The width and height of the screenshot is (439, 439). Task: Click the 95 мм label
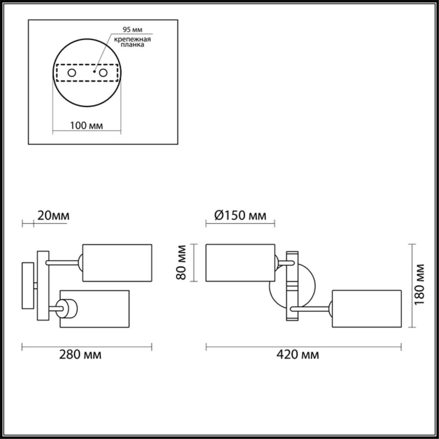(132, 29)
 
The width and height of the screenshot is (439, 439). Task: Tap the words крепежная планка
(132, 41)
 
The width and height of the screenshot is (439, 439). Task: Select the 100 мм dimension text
(86, 126)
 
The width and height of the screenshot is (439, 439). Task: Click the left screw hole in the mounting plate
(72, 73)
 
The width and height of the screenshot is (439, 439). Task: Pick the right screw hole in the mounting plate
(103, 73)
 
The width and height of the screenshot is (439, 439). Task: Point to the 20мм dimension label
(53, 216)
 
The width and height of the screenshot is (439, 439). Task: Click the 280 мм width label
(81, 355)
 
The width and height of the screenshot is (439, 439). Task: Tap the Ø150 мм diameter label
(240, 216)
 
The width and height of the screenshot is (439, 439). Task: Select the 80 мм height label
(181, 263)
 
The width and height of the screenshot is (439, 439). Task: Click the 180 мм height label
(419, 284)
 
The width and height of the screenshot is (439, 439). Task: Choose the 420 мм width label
(298, 355)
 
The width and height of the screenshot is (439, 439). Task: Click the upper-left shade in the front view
(240, 263)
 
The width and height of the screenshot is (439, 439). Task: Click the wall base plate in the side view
(28, 285)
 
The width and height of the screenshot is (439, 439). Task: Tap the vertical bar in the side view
(43, 285)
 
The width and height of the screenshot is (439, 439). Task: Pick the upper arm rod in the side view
(63, 263)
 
